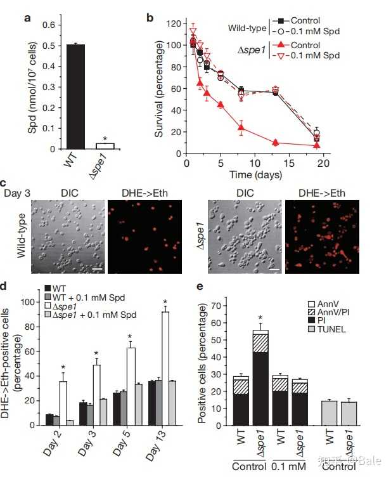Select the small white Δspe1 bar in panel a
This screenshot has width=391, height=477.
point(105,146)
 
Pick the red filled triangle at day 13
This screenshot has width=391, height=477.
point(276,142)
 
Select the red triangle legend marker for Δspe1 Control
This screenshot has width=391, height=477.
point(282,45)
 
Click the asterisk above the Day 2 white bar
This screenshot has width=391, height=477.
point(63,367)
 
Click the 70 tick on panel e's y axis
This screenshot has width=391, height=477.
point(219,306)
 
